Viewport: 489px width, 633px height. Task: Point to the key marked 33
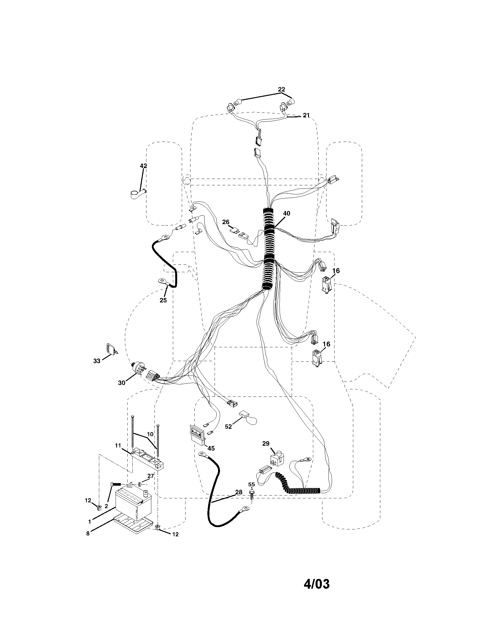coord(111,349)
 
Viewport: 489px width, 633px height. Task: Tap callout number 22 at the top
coord(281,89)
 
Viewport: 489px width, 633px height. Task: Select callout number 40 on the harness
coord(286,213)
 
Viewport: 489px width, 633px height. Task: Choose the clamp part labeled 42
coord(137,194)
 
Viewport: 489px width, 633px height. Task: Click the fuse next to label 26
coord(234,231)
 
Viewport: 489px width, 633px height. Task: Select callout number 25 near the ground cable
coord(163,300)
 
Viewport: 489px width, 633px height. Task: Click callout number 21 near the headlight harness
coord(306,115)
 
